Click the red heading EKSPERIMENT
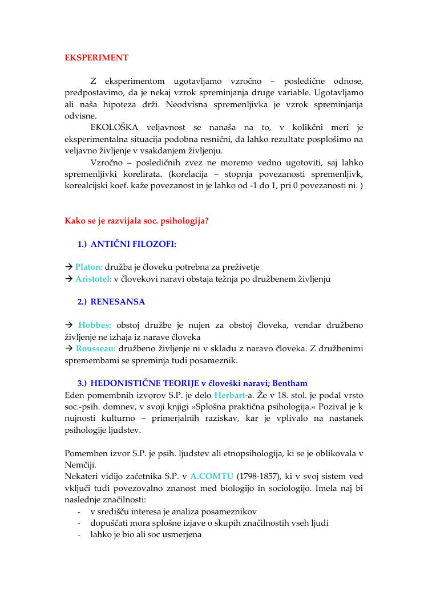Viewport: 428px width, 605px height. tap(96, 58)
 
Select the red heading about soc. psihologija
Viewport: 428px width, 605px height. tap(136, 220)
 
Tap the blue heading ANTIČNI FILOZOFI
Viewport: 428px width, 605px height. tap(133, 244)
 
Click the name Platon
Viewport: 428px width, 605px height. tap(89, 267)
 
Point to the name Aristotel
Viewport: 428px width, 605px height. tap(94, 279)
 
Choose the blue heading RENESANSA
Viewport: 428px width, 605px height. tap(118, 302)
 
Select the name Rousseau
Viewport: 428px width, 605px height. tap(96, 348)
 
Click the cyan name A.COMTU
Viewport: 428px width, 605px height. tap(212, 476)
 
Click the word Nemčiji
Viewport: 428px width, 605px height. tap(80, 464)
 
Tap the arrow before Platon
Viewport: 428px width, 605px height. tap(68, 267)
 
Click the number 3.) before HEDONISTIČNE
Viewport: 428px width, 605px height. tap(82, 383)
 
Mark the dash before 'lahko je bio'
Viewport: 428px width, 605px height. tap(78, 535)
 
